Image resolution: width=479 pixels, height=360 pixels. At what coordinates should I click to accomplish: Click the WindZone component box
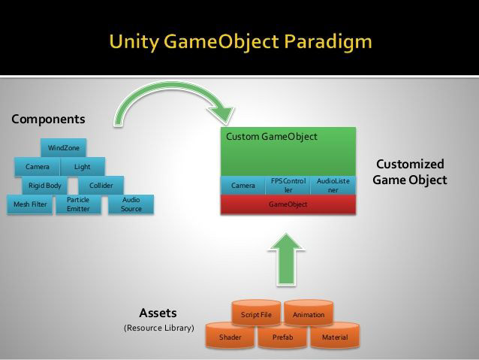pos(64,148)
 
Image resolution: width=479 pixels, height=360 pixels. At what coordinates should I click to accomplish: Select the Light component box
pos(83,167)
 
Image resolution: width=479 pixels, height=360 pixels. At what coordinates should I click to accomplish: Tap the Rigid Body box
pos(44,186)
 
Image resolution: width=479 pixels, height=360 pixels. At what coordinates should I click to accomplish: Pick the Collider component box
pos(101,186)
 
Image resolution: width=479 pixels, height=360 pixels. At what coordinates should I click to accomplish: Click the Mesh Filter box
pos(30,204)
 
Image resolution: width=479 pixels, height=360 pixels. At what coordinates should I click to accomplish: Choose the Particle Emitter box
pos(79,204)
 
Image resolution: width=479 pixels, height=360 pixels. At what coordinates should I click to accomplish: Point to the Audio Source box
pos(131,204)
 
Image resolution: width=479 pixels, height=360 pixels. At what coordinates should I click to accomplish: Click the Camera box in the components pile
pos(38,167)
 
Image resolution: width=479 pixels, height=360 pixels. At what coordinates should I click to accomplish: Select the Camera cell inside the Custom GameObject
pos(243,186)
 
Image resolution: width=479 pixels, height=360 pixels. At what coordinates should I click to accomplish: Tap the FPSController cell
pos(288,186)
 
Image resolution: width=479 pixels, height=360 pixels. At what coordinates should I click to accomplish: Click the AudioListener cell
pos(333,186)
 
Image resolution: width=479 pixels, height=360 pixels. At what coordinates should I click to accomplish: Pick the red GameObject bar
pos(288,204)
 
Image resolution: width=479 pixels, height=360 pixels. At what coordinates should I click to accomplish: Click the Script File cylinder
pos(256,313)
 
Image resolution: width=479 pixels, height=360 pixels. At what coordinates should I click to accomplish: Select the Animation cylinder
pos(309,313)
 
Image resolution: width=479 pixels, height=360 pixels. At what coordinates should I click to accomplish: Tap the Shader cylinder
pos(230,335)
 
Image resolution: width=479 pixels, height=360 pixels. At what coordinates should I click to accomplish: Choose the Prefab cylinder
pos(282,335)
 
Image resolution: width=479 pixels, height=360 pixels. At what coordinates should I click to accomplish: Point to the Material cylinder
pos(335,335)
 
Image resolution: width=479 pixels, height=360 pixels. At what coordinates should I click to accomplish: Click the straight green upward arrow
pos(286,260)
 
